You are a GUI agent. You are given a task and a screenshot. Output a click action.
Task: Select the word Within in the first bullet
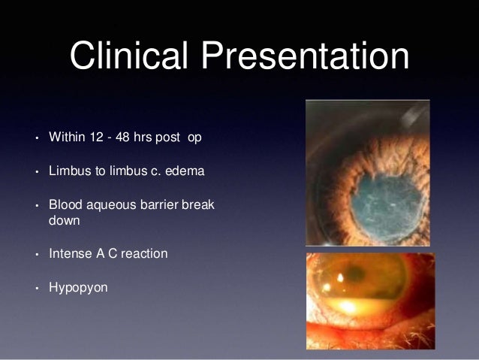(x=65, y=139)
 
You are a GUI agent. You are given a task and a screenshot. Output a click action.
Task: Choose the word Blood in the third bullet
(x=64, y=204)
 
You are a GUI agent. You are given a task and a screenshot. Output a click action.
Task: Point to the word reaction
(x=143, y=253)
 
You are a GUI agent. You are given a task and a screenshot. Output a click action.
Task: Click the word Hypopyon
(x=78, y=286)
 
